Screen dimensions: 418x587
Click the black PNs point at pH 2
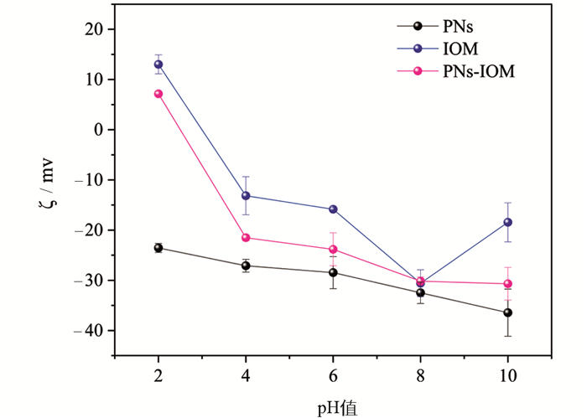(x=158, y=248)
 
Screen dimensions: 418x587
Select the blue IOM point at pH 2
(x=158, y=65)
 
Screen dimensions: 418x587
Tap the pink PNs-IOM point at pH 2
(x=158, y=94)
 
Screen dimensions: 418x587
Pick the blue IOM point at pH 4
(x=246, y=196)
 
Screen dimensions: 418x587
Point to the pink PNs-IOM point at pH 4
(x=246, y=238)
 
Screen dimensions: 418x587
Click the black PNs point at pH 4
(x=246, y=266)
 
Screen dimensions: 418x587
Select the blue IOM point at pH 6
(x=333, y=209)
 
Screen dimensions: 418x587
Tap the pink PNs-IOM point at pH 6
(x=333, y=250)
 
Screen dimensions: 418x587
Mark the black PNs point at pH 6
(x=333, y=272)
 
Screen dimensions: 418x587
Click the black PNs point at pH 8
(x=420, y=292)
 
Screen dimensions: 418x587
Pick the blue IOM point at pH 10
(x=507, y=222)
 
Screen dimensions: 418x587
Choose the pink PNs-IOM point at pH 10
(x=507, y=284)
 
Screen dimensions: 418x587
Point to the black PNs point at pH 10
(x=507, y=312)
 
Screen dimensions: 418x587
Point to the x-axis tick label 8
(x=420, y=374)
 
